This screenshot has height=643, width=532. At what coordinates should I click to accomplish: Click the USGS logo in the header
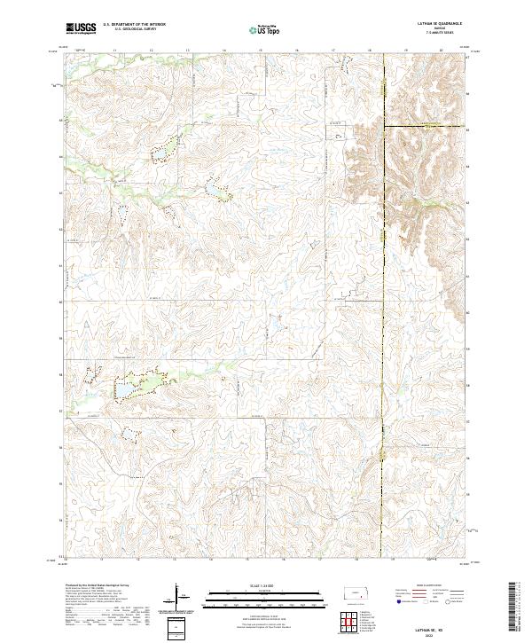coord(81,28)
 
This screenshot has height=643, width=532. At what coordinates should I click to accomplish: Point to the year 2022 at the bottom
coord(439,635)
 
